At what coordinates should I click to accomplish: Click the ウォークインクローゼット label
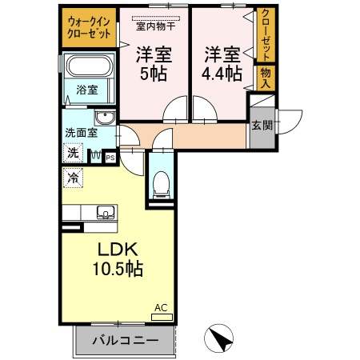tap(88, 28)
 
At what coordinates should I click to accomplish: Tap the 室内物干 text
tap(156, 26)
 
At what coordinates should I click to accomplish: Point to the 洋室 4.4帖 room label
tap(222, 64)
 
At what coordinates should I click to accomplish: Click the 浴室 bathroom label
tap(87, 90)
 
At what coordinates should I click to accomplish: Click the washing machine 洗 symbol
tap(72, 152)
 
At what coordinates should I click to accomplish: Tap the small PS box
tap(110, 158)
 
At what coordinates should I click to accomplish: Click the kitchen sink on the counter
tap(104, 213)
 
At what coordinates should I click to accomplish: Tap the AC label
tap(161, 307)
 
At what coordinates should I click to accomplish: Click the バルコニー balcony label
tap(124, 339)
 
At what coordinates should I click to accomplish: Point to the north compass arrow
tap(219, 337)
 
